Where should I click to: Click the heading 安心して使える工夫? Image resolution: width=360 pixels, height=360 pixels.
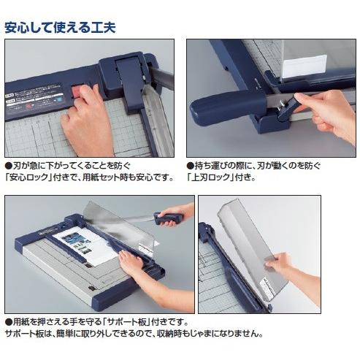[x=60, y=28]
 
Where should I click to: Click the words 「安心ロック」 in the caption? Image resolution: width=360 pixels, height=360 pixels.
[x=27, y=177]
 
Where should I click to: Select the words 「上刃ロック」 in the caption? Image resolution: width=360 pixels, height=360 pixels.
[x=209, y=177]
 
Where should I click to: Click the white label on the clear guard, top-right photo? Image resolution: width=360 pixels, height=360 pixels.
[x=305, y=64]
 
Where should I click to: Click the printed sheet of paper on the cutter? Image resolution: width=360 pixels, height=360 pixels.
[x=86, y=246]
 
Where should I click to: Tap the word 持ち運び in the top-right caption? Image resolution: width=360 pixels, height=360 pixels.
[x=212, y=166]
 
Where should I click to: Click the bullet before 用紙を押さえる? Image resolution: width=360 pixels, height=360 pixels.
[x=9, y=322]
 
